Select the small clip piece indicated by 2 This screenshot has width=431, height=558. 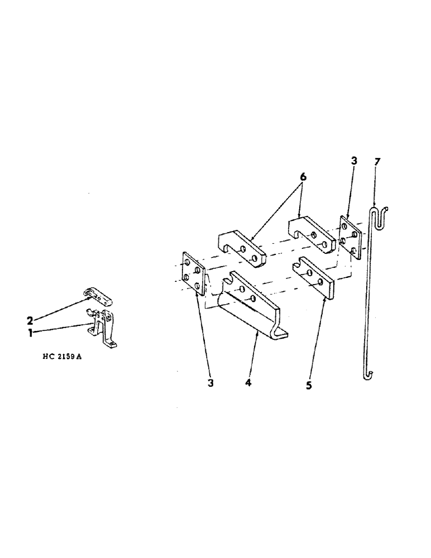tap(99, 296)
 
